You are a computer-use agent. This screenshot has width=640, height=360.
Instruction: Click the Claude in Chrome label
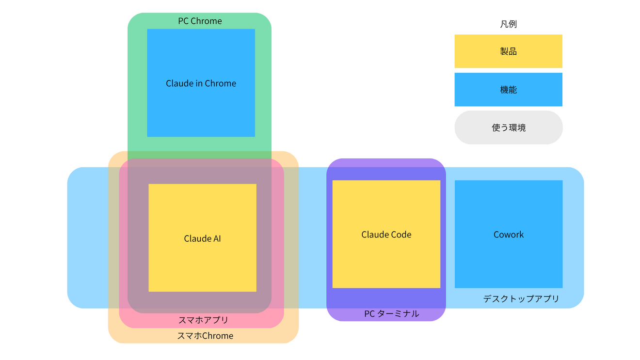click(201, 83)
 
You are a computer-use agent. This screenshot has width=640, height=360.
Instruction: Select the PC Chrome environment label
click(200, 21)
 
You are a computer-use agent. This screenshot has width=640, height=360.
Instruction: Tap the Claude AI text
click(202, 238)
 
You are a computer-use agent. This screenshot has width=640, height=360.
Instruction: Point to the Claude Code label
click(386, 235)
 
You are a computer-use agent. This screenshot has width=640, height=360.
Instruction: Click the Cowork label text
click(509, 235)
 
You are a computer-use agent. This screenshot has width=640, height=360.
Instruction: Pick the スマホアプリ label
click(203, 320)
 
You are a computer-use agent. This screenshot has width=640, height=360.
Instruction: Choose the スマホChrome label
click(205, 336)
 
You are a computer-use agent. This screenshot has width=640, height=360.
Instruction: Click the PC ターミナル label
click(391, 313)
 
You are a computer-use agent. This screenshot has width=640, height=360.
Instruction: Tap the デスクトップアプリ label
click(521, 298)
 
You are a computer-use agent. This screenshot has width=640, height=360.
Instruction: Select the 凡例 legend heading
click(508, 24)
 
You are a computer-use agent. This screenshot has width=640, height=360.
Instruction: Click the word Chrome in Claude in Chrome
click(220, 83)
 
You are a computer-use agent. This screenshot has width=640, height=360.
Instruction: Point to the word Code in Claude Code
click(400, 235)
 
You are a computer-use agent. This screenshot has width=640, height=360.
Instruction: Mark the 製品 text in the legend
click(508, 51)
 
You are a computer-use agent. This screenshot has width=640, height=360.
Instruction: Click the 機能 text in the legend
click(508, 90)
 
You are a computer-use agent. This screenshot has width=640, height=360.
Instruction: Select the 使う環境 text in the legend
click(508, 128)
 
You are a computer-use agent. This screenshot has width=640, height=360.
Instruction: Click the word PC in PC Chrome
click(183, 21)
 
